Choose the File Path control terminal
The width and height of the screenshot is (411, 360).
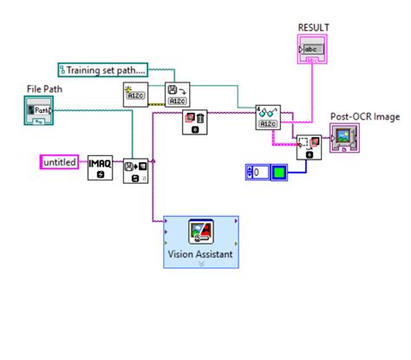point(39,109)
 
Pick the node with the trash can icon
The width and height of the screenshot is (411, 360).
point(193,122)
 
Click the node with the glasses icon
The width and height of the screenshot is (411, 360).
point(269,117)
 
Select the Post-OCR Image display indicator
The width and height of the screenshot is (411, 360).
point(346,138)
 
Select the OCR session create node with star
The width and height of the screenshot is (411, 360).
point(137,95)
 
